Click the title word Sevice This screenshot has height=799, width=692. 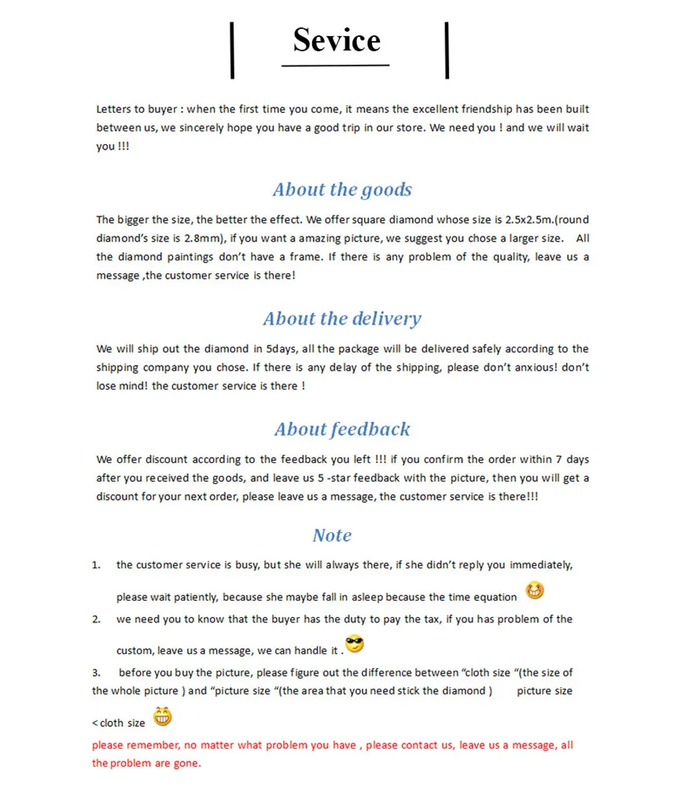click(x=337, y=40)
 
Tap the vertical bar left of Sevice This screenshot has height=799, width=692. click(x=232, y=50)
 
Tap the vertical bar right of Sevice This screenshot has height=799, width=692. click(x=447, y=50)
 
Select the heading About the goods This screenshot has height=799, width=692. click(x=342, y=190)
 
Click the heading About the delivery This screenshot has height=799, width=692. click(x=342, y=319)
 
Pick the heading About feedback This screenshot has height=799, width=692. click(x=342, y=429)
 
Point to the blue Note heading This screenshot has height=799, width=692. click(x=332, y=535)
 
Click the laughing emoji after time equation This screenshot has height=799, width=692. click(x=535, y=590)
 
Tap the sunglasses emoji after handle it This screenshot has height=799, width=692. click(x=355, y=645)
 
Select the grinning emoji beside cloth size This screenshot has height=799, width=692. click(x=162, y=716)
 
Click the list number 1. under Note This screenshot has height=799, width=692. click(x=96, y=565)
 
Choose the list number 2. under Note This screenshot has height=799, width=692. click(x=96, y=620)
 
